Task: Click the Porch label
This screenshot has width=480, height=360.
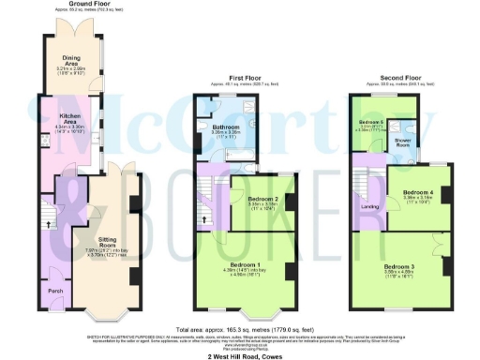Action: (56, 292)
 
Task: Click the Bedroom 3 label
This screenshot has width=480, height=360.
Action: (405, 267)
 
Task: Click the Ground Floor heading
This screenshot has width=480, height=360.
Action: (73, 5)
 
